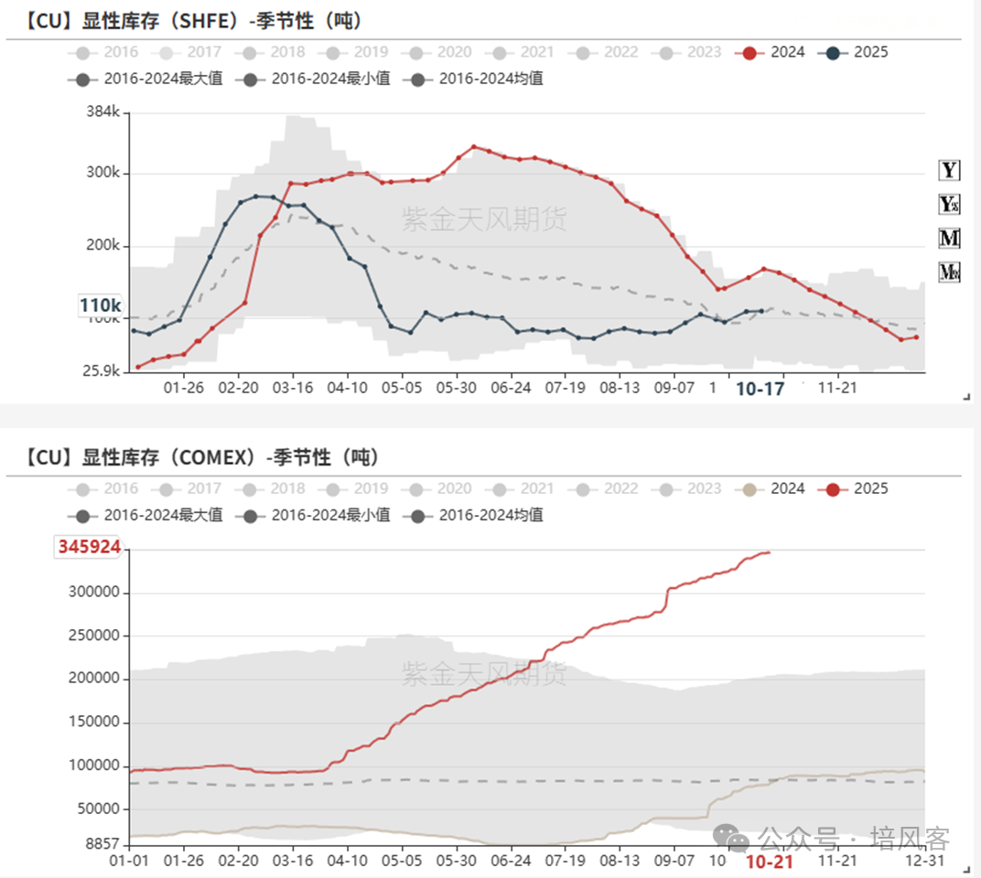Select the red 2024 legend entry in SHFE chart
click(x=773, y=52)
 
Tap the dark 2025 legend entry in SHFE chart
click(x=857, y=52)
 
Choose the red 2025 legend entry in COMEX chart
click(x=857, y=488)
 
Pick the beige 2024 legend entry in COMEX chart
click(x=773, y=488)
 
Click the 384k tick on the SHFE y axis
click(x=102, y=112)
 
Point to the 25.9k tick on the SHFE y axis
click(x=99, y=371)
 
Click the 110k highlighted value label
click(x=100, y=305)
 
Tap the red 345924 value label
click(x=89, y=547)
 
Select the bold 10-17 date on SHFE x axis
click(x=760, y=389)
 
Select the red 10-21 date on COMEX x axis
click(x=769, y=862)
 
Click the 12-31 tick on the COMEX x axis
click(x=922, y=861)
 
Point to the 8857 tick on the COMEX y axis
click(x=102, y=844)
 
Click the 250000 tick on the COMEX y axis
click(x=95, y=636)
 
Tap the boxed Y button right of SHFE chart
click(x=949, y=170)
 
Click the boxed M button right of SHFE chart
click(x=949, y=239)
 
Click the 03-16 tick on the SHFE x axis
click(x=292, y=388)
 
